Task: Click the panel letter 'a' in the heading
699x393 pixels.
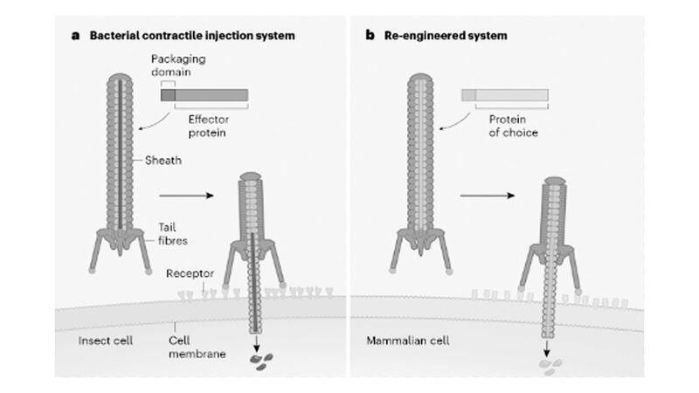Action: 76,36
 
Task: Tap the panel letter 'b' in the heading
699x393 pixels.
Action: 370,36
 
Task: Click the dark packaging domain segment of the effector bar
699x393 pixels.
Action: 168,94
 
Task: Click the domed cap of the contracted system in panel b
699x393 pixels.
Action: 551,182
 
